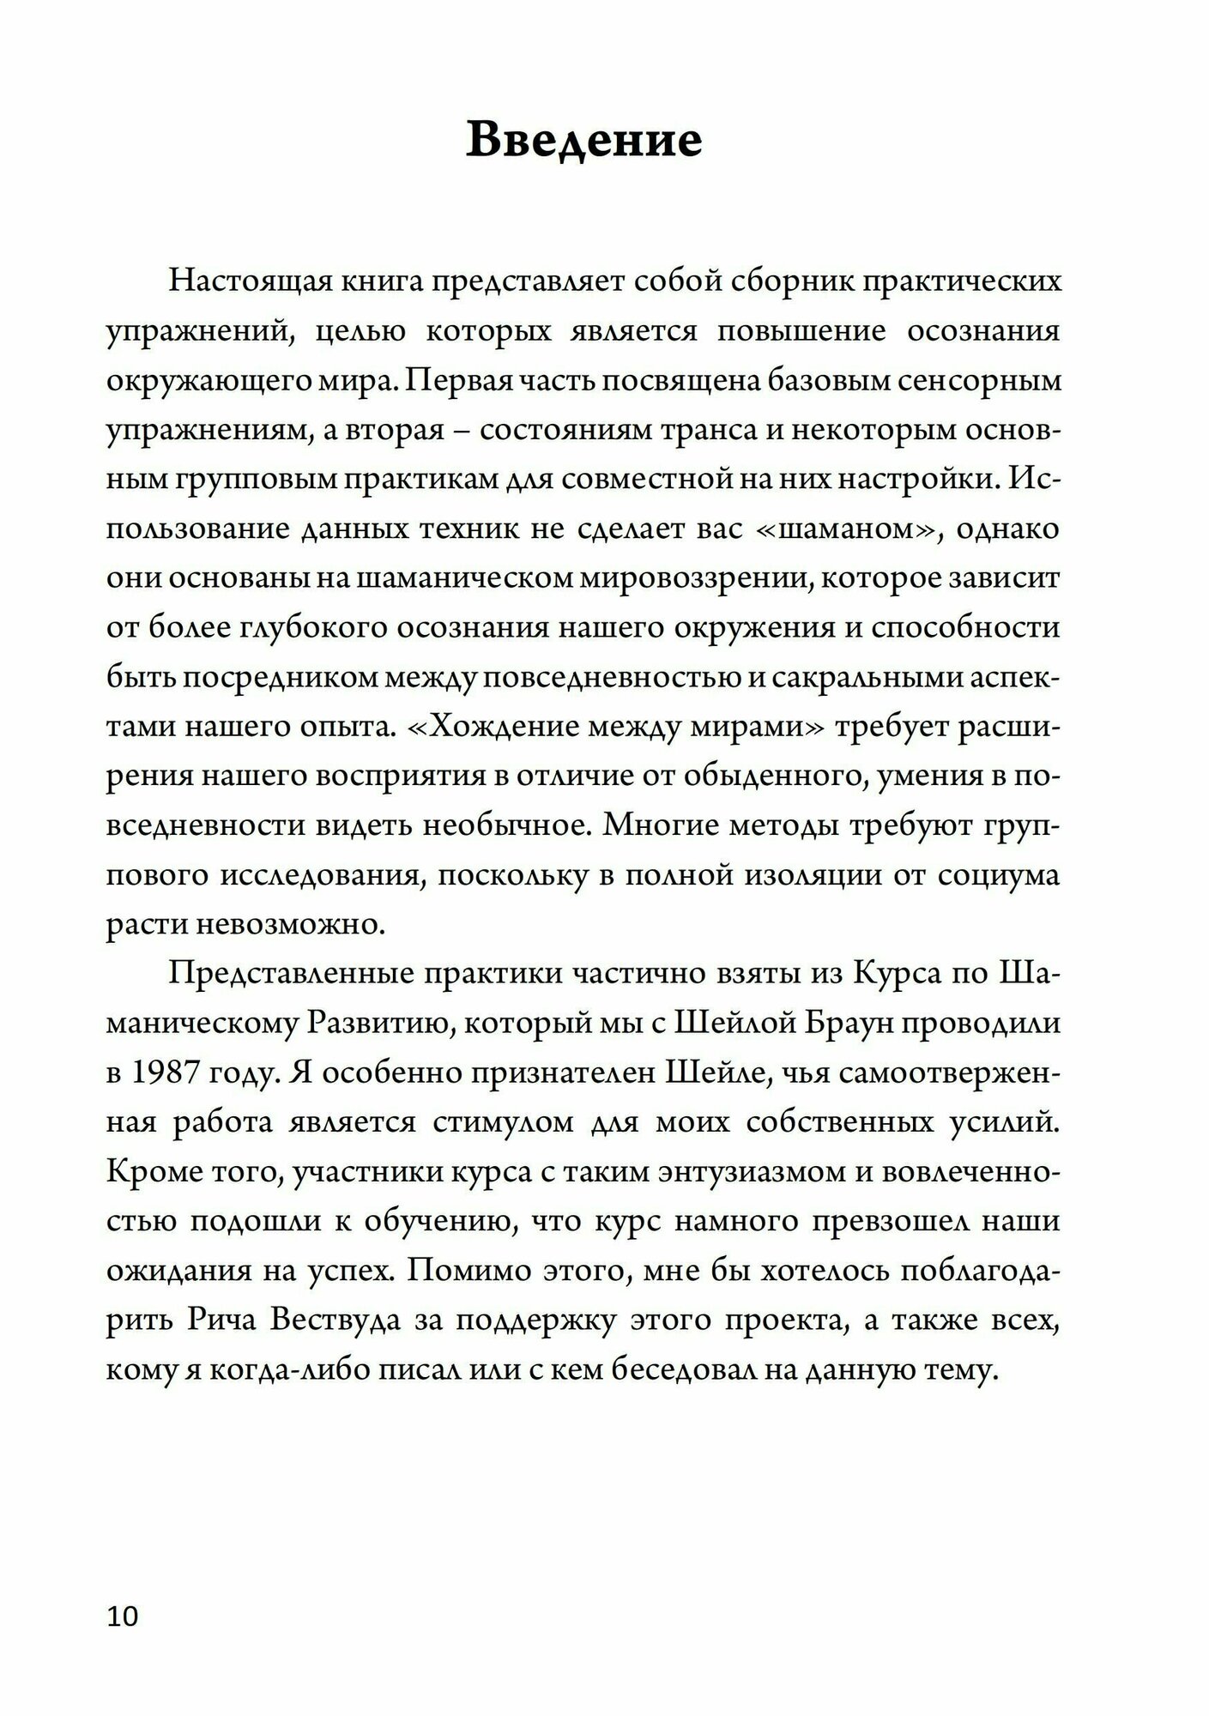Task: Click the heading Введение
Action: [583, 140]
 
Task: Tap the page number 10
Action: [122, 1616]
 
